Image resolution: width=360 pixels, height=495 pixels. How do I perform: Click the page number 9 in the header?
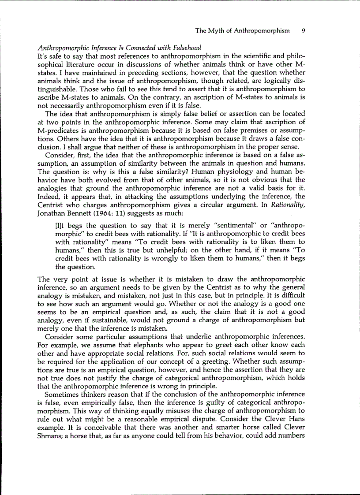(x=304, y=31)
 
